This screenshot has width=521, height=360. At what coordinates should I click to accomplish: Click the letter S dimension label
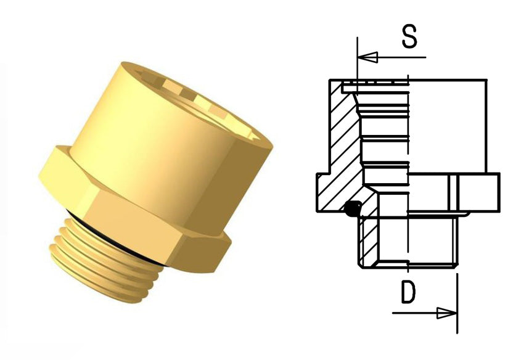point(409,37)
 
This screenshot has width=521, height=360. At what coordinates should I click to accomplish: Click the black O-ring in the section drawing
point(352,210)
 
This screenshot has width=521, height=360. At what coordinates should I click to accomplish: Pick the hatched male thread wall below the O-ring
point(369,240)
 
